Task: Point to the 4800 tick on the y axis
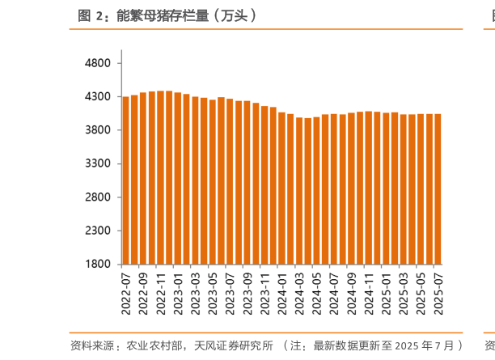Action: point(97,63)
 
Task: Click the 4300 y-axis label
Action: point(97,96)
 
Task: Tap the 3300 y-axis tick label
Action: point(97,163)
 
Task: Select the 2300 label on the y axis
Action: point(97,231)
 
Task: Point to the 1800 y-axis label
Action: point(97,264)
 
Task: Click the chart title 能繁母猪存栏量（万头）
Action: point(186,15)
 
